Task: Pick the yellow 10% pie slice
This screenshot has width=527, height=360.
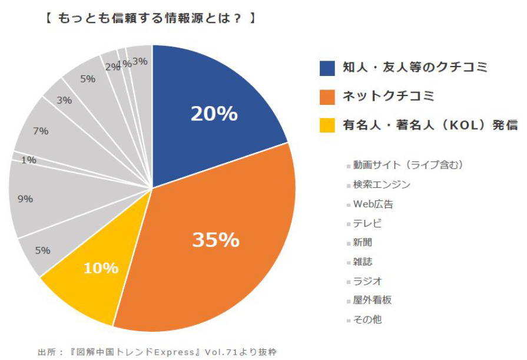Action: [101, 268]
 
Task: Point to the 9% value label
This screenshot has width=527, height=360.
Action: [25, 199]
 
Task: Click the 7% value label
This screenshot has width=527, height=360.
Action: [41, 131]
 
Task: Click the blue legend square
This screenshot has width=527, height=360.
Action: [327, 68]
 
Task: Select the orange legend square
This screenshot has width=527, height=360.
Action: [327, 96]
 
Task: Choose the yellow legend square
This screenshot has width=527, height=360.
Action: [327, 125]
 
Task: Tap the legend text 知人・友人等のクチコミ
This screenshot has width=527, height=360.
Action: [415, 68]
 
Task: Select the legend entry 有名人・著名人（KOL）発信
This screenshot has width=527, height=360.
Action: [430, 125]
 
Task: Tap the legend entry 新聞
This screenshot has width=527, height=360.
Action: [363, 242]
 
